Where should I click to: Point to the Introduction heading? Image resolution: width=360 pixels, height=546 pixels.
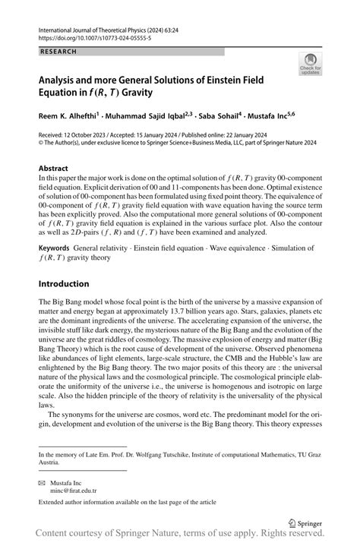(68, 284)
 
